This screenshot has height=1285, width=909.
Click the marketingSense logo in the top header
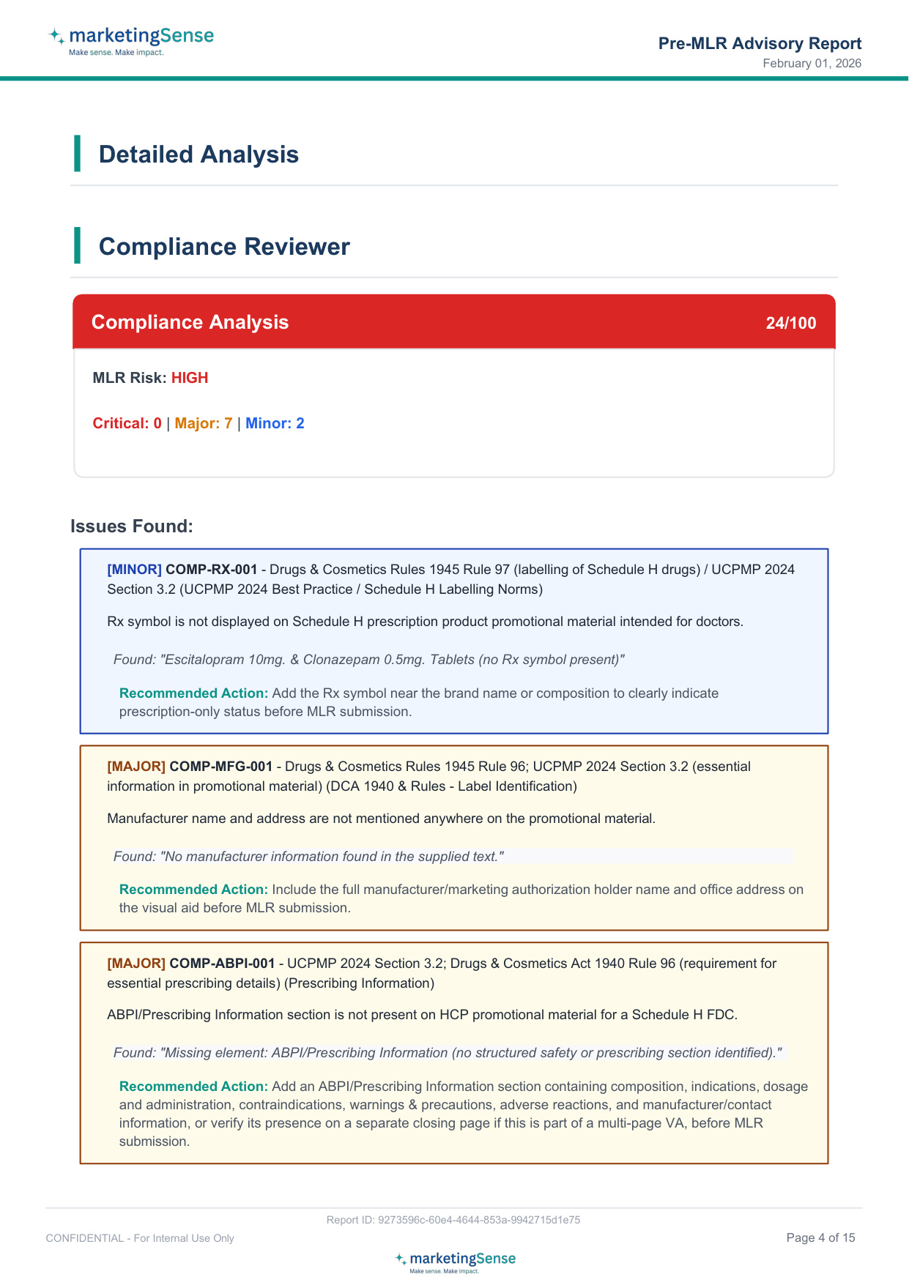pyautogui.click(x=131, y=40)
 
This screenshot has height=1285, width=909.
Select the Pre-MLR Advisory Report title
pyautogui.click(x=760, y=43)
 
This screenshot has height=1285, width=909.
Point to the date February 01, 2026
pyautogui.click(x=812, y=64)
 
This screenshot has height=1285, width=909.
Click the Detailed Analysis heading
pyautogui.click(x=199, y=154)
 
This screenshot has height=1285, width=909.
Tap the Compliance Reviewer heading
pyautogui.click(x=224, y=247)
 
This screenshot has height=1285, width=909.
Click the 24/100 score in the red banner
pyautogui.click(x=790, y=323)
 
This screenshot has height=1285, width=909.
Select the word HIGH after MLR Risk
pyautogui.click(x=190, y=378)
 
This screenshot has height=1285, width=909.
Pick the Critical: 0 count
pyautogui.click(x=127, y=423)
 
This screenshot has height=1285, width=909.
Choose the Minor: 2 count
pyautogui.click(x=275, y=423)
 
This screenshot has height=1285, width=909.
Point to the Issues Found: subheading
pyautogui.click(x=132, y=526)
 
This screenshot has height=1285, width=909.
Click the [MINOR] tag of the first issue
pyautogui.click(x=134, y=570)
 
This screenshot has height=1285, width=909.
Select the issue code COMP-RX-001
pyautogui.click(x=212, y=570)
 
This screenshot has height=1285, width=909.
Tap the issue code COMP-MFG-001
pyautogui.click(x=220, y=767)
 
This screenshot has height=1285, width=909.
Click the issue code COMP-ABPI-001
pyautogui.click(x=222, y=964)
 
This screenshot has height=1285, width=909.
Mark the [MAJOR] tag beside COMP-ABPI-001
pyautogui.click(x=136, y=964)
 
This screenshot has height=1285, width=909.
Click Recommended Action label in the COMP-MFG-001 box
pyautogui.click(x=193, y=890)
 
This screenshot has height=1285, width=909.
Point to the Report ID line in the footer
pyautogui.click(x=453, y=1220)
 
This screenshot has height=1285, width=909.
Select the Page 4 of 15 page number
pyautogui.click(x=820, y=1237)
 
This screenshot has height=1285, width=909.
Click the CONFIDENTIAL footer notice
pyautogui.click(x=140, y=1238)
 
